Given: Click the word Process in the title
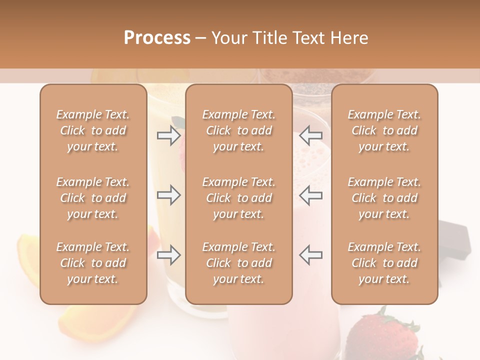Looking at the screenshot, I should [157, 38].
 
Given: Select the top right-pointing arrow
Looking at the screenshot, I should [168, 135].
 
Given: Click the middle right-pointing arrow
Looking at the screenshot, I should [168, 195].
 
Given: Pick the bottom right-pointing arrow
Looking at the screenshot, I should [168, 255].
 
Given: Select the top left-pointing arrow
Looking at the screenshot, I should [311, 135].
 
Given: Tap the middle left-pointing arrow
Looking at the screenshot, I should [311, 195].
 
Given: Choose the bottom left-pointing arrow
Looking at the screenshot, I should [311, 255].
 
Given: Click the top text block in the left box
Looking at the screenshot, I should [93, 130].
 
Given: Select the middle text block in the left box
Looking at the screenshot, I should [93, 198].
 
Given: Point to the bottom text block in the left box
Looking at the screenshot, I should [93, 263].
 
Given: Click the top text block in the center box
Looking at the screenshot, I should [239, 130].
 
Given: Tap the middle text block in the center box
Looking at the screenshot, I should [239, 198].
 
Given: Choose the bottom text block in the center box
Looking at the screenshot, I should [239, 263].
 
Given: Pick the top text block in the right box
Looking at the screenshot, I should [384, 130].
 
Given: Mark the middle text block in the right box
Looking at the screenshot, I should [384, 198].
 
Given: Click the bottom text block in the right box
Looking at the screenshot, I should [384, 263].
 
